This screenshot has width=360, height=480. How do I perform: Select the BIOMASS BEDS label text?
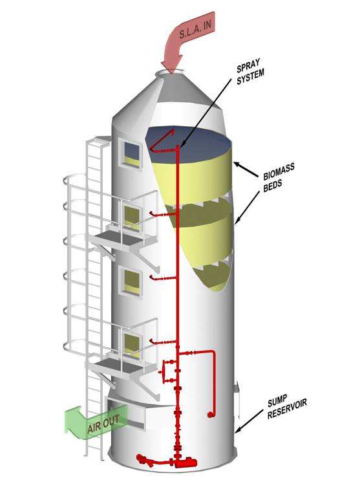279,177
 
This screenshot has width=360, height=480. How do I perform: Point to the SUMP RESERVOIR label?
286,406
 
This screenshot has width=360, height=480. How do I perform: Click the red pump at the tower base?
185,462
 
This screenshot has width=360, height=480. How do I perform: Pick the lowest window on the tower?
132,345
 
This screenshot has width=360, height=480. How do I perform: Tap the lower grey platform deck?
119,365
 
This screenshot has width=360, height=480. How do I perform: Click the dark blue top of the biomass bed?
189,144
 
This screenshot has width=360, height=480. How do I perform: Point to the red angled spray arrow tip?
173,130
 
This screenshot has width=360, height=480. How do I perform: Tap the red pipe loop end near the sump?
210,415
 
